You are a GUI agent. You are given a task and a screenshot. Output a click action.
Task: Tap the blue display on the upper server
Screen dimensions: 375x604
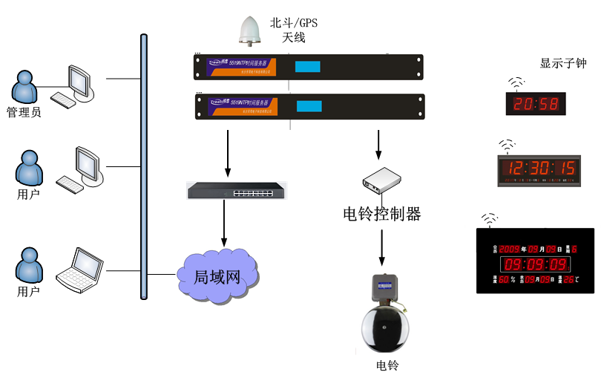(x=307, y=66)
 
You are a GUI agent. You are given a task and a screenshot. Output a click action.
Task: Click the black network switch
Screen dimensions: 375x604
(x=237, y=191)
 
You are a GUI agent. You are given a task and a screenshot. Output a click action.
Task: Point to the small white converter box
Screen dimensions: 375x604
(x=381, y=180)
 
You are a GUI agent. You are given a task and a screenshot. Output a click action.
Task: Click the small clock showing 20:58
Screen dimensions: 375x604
(x=536, y=104)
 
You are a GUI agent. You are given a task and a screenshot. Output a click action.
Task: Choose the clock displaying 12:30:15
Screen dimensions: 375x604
(x=539, y=170)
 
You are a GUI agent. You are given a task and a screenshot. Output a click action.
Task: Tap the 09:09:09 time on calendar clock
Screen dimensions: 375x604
(x=536, y=264)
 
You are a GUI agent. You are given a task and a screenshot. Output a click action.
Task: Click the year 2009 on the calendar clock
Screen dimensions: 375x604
(x=509, y=250)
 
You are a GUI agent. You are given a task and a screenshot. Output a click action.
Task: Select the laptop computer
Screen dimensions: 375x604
(x=80, y=271)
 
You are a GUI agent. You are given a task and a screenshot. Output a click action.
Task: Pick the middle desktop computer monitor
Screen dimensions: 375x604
(x=88, y=164)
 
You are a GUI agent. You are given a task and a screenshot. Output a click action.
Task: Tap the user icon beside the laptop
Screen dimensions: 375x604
(x=29, y=266)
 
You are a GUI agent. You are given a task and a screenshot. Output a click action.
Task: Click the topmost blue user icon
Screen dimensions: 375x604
(x=25, y=86)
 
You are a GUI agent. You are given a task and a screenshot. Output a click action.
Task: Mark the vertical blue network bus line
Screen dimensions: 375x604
(x=144, y=166)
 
